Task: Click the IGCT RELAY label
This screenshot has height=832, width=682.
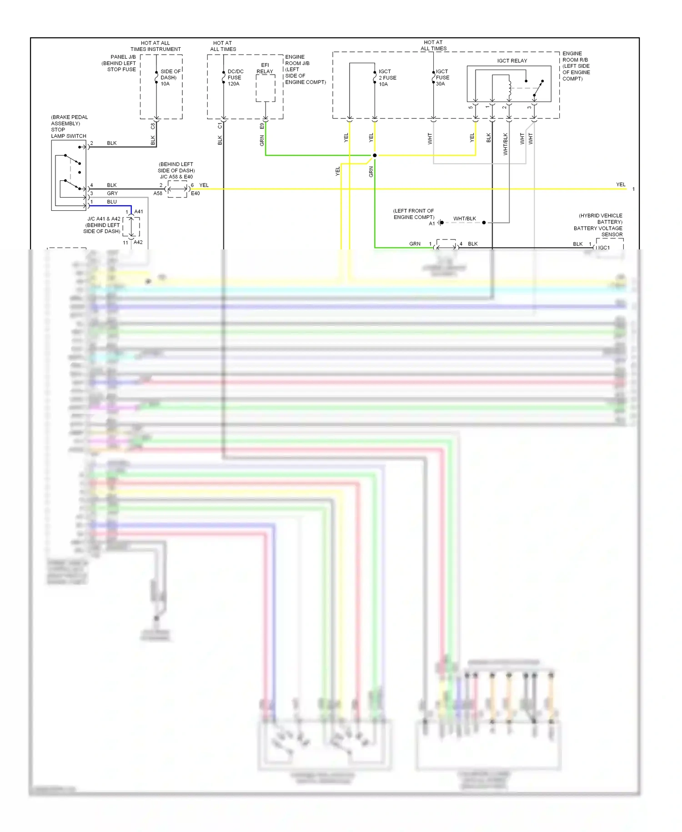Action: pyautogui.click(x=512, y=61)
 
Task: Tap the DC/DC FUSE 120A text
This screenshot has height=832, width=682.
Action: pyautogui.click(x=235, y=78)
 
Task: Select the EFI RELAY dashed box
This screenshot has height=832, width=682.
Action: pyautogui.click(x=266, y=88)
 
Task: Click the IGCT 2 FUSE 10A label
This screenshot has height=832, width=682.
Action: pyautogui.click(x=387, y=78)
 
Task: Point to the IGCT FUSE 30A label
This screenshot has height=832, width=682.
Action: pyautogui.click(x=442, y=78)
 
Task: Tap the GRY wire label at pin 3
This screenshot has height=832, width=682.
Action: pyautogui.click(x=112, y=193)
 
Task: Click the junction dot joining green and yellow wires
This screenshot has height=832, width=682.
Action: pyautogui.click(x=375, y=156)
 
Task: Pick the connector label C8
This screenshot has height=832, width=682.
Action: pyautogui.click(x=153, y=126)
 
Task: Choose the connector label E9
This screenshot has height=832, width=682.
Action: pyautogui.click(x=262, y=126)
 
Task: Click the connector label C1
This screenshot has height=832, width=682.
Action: pyautogui.click(x=220, y=126)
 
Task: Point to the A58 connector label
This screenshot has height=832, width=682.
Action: pyautogui.click(x=158, y=193)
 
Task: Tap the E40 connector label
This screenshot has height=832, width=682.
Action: pyautogui.click(x=195, y=193)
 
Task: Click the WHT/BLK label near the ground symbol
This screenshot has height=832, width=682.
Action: pyautogui.click(x=464, y=218)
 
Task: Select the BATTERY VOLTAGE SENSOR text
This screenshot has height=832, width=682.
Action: pyautogui.click(x=598, y=231)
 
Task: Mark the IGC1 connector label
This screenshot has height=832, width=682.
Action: pyautogui.click(x=604, y=248)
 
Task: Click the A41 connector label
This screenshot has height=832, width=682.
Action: pyautogui.click(x=139, y=212)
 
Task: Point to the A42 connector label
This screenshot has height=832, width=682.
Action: pyautogui.click(x=138, y=243)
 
